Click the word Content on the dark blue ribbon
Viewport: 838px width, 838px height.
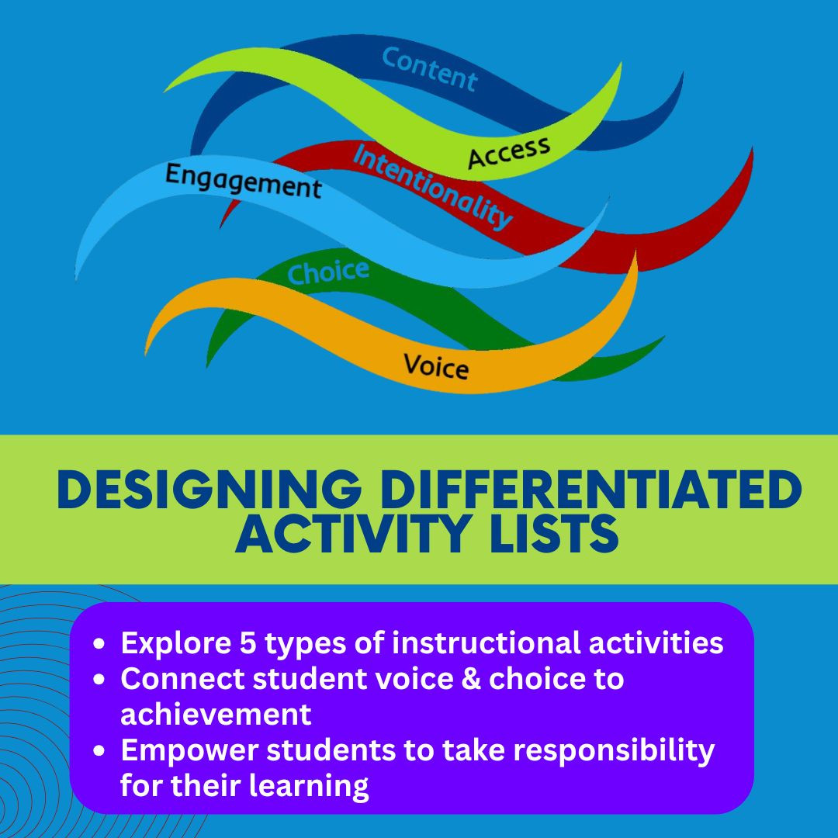click(x=429, y=69)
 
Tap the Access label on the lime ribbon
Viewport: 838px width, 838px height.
click(x=509, y=152)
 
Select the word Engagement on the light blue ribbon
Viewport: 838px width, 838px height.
click(x=243, y=182)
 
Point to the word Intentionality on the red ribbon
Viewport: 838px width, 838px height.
click(x=432, y=186)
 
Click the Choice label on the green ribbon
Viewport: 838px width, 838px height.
click(x=328, y=272)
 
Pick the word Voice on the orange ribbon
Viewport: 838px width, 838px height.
click(x=436, y=366)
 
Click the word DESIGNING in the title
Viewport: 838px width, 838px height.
click(x=209, y=489)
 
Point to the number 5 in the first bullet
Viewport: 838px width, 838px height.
click(x=248, y=642)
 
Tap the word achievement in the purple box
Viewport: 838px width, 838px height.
click(x=216, y=714)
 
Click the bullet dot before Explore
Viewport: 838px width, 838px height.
click(x=99, y=644)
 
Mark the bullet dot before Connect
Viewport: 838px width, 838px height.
click(x=99, y=680)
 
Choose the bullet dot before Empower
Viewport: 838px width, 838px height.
click(x=99, y=751)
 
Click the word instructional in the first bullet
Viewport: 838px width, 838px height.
click(x=487, y=642)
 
